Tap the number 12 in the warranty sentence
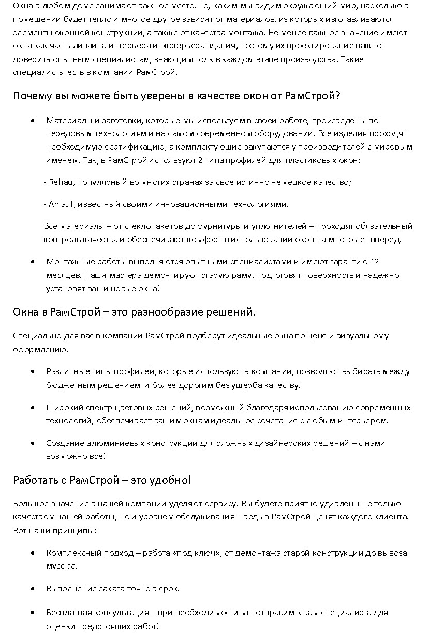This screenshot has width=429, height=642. tap(375, 262)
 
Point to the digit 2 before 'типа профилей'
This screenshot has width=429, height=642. tap(201, 160)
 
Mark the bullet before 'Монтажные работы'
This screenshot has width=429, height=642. tap(33, 262)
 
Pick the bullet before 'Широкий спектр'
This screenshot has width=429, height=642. tap(33, 408)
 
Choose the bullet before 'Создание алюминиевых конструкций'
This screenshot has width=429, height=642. tap(33, 443)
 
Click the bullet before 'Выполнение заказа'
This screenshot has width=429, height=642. tap(33, 589)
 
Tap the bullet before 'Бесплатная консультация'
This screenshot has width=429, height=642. tap(33, 613)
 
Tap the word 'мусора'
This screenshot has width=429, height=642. tap(62, 566)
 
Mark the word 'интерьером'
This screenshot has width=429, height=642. tap(363, 421)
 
